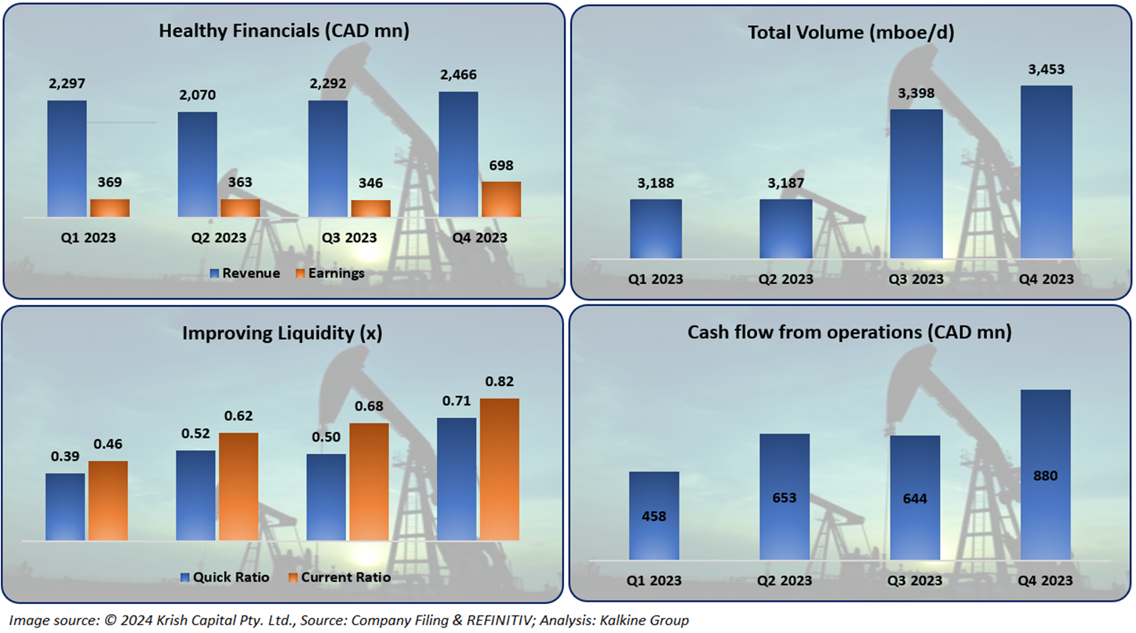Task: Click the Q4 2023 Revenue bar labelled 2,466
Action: [458, 154]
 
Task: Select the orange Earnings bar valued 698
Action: [501, 199]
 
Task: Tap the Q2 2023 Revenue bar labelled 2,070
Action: [197, 164]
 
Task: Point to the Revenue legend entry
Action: [245, 273]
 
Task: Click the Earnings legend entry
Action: [330, 273]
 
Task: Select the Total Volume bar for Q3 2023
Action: [916, 184]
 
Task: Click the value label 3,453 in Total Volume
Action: [1046, 70]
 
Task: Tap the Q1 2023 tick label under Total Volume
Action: [655, 279]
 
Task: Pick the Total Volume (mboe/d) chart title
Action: [850, 32]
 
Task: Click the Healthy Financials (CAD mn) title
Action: [284, 31]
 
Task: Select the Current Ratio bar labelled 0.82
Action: [499, 469]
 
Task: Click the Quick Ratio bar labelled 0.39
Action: [65, 507]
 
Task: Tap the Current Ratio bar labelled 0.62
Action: [238, 486]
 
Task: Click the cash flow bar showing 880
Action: [1045, 475]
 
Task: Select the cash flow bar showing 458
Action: [654, 516]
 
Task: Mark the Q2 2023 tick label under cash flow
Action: [785, 581]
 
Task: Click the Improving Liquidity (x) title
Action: [282, 333]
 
